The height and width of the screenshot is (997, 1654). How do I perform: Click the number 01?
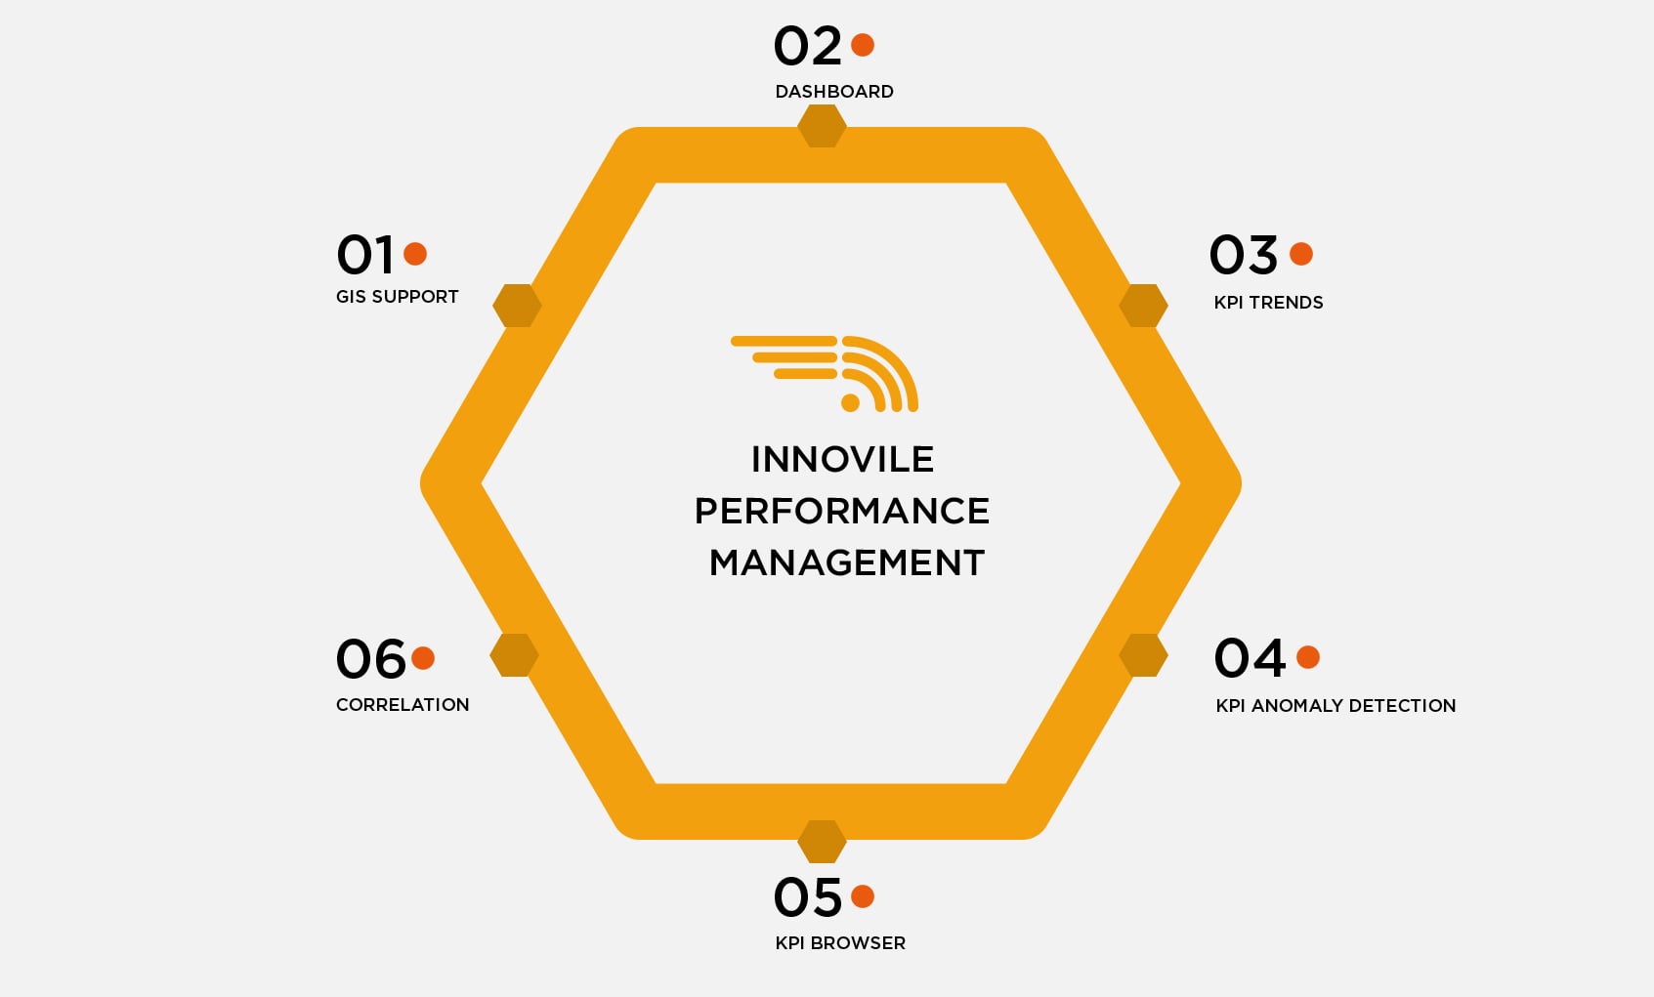coord(365,255)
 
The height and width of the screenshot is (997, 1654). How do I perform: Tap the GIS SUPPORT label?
coord(397,297)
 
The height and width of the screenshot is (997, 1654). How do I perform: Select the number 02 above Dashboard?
coord(807,46)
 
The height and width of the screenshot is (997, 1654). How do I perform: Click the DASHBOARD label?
coord(834,92)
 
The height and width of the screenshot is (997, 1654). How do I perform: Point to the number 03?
coord(1243,255)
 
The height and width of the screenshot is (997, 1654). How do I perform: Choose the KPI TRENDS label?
coord(1268,303)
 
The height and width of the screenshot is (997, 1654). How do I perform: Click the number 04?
coord(1250,657)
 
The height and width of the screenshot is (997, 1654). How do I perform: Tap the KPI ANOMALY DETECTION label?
coord(1336,706)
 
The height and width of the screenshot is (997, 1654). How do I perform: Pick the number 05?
coord(807,897)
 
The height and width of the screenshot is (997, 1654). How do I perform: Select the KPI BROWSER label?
coord(840,943)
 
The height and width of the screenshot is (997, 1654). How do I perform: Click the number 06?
coord(370,659)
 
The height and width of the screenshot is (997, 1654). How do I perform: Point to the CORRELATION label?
coord(403,705)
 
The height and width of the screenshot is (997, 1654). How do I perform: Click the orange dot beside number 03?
coord(1301,254)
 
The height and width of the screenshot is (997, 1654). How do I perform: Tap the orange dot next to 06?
coord(423,658)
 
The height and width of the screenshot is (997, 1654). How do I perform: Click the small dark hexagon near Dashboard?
coord(822,127)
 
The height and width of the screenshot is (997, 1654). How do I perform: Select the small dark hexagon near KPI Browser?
coord(822,841)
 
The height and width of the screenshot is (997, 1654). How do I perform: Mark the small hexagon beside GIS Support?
coord(517,306)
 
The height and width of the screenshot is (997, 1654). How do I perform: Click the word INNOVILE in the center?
coord(842,459)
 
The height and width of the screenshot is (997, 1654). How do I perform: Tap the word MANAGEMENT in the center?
coord(846,562)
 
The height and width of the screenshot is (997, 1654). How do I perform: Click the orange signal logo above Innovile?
coord(827,373)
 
